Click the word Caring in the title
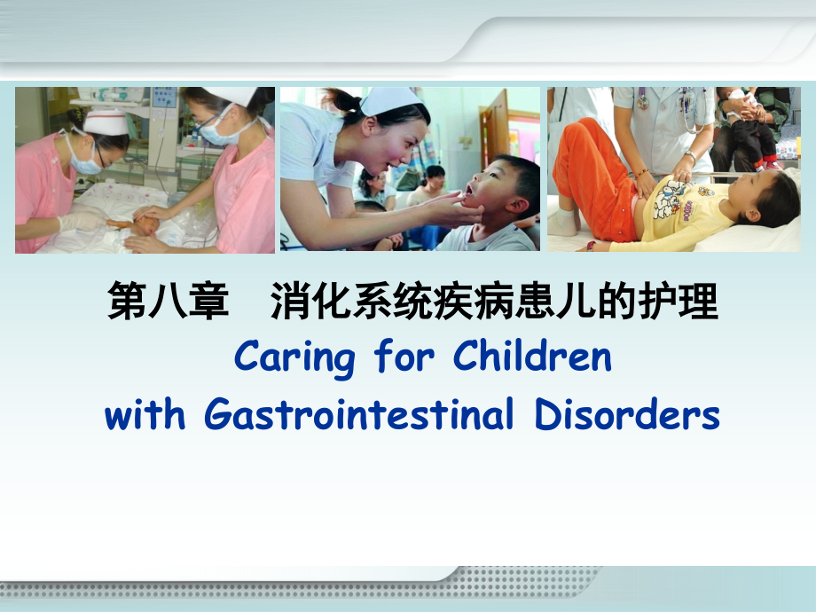tap(294, 357)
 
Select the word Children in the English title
tap(532, 355)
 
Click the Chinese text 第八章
tap(169, 301)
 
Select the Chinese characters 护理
tap(679, 301)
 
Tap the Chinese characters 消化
tap(310, 301)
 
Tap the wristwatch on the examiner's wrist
tap(690, 156)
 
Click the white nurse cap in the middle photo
tap(390, 100)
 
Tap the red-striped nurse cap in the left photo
tap(106, 122)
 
